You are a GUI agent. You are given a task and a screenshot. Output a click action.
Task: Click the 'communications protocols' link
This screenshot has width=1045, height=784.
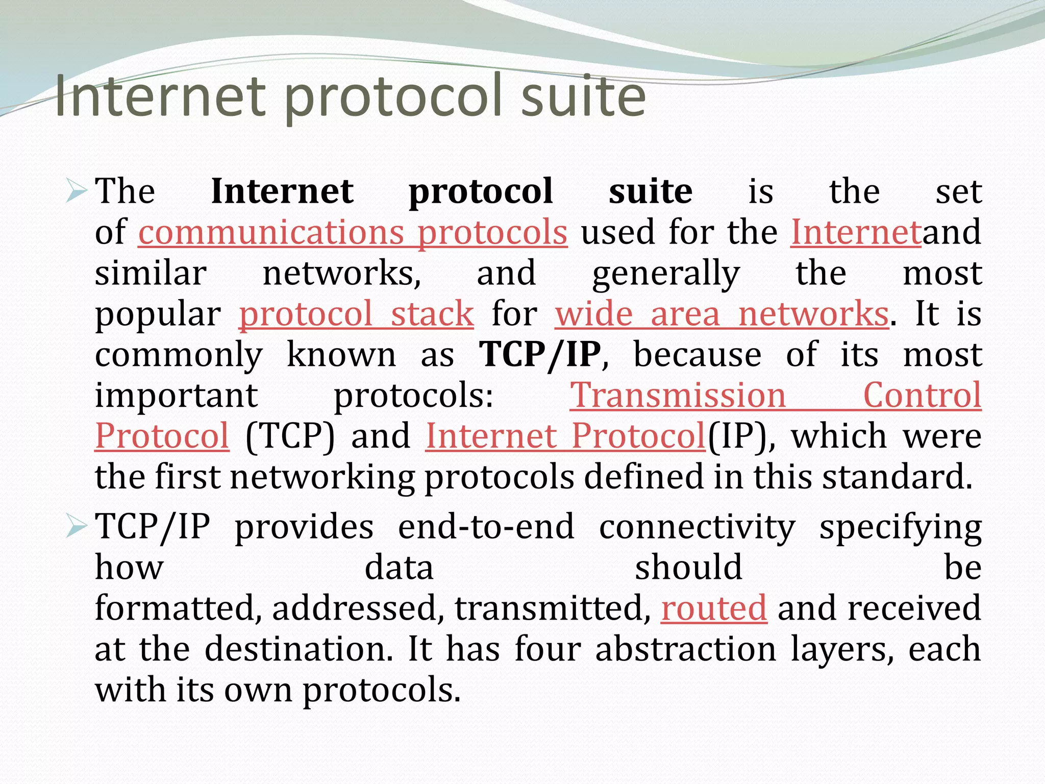pyautogui.click(x=353, y=233)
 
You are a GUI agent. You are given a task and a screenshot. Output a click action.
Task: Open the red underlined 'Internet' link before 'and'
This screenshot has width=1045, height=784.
pyautogui.click(x=856, y=233)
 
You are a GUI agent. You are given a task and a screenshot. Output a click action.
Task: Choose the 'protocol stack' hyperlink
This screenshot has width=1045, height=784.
pyautogui.click(x=356, y=313)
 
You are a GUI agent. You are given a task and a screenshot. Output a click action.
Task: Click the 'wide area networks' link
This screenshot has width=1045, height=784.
pyautogui.click(x=721, y=313)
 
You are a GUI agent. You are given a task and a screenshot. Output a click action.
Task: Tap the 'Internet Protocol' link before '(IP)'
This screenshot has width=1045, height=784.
pyautogui.click(x=565, y=436)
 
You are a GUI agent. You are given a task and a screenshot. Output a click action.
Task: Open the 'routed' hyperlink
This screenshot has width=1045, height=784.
pyautogui.click(x=714, y=608)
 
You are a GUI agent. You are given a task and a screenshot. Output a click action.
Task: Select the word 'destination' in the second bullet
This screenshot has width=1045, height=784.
pyautogui.click(x=298, y=649)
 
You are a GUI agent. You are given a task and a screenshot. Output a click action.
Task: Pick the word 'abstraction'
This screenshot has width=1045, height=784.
pyautogui.click(x=685, y=649)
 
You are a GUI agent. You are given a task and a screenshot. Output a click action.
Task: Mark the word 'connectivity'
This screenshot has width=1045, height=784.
pyautogui.click(x=697, y=527)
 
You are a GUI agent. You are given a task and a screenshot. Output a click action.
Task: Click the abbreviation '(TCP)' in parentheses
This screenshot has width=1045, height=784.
pyautogui.click(x=290, y=436)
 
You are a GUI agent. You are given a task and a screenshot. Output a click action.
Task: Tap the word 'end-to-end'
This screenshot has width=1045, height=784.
pyautogui.click(x=486, y=527)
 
